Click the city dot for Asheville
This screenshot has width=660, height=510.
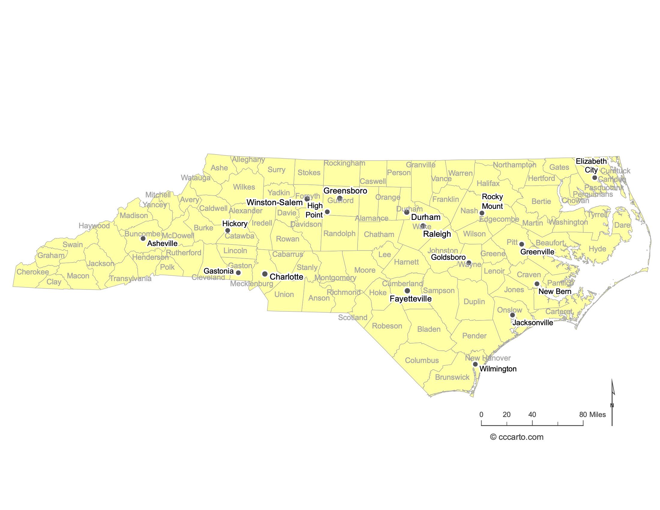143,238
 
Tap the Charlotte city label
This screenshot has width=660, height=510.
286,277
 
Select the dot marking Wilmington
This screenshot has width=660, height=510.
475,364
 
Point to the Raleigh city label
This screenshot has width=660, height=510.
437,234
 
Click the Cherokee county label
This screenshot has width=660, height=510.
33,272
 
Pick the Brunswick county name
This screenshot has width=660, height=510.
452,377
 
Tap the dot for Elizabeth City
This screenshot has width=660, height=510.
595,178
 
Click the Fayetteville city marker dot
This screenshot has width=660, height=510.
407,291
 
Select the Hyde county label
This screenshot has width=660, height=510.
597,249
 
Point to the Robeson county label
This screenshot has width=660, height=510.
387,326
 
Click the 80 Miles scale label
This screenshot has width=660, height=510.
592,415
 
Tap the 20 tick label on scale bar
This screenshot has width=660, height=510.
507,415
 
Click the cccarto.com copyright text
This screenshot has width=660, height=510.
517,437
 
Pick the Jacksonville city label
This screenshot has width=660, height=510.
533,323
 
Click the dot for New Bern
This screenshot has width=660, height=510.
537,284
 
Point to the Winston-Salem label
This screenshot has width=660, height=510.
274,202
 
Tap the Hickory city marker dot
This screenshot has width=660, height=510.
228,230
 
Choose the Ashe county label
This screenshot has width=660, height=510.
219,168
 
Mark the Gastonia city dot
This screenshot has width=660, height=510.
238,273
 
